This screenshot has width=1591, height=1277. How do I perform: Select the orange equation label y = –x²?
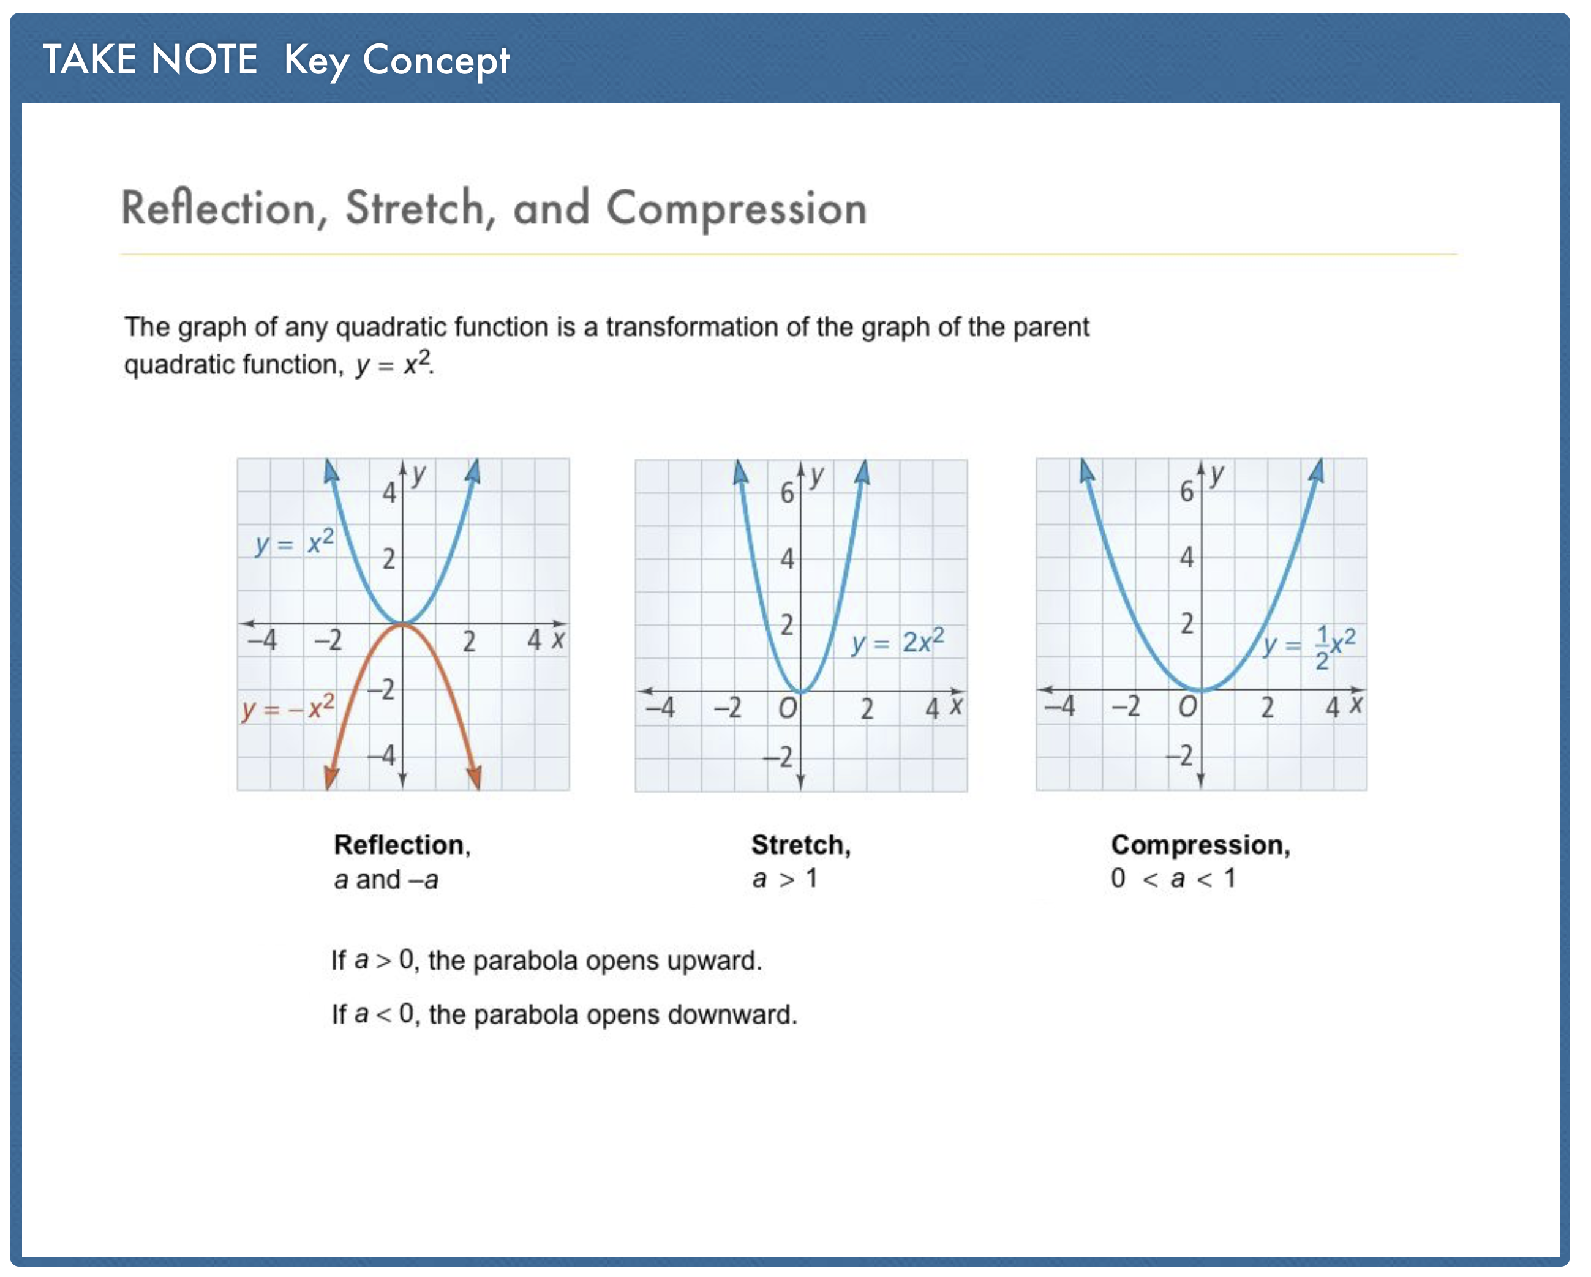(x=288, y=708)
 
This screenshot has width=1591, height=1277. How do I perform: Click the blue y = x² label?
(x=295, y=543)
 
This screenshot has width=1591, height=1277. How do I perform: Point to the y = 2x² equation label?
(x=897, y=641)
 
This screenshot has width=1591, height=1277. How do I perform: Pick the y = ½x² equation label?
(x=1308, y=645)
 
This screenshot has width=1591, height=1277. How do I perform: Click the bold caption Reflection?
(x=402, y=845)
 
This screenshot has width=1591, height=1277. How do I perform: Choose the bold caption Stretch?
(x=800, y=845)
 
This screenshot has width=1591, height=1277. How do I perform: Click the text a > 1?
(x=784, y=878)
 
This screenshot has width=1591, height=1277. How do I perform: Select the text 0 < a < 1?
(x=1173, y=878)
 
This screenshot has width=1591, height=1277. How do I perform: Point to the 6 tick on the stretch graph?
(x=788, y=493)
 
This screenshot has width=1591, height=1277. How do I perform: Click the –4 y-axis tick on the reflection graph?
(x=382, y=755)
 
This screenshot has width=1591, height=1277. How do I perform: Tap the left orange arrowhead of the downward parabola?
(x=331, y=777)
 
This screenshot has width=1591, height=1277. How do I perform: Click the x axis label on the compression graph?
(x=1356, y=705)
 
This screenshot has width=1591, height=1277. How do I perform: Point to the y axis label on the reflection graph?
(x=418, y=475)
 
